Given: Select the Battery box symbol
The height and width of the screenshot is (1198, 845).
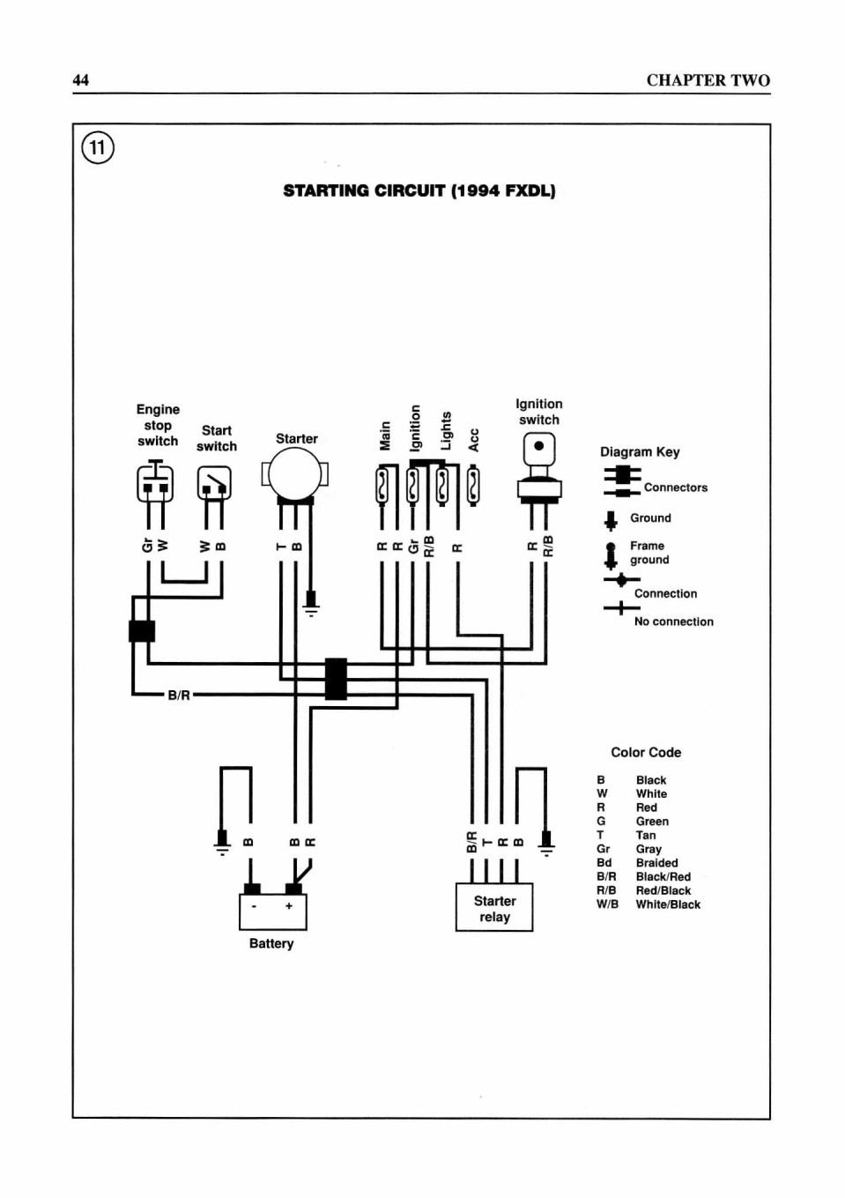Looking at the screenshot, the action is point(272,911).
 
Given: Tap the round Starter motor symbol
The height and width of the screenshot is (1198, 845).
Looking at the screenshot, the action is point(295,474).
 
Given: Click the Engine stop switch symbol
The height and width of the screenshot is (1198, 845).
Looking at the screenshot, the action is point(155,480).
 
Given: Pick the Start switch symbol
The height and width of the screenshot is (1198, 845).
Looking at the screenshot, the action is point(214,482).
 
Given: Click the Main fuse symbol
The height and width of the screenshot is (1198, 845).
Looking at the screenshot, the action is point(382,485).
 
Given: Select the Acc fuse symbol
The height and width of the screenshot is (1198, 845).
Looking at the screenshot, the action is point(473,486).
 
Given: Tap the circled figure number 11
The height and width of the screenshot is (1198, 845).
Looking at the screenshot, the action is point(98,147).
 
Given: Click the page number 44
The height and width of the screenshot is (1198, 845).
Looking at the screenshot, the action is point(81,80).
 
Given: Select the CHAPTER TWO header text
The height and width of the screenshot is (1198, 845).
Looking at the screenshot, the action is point(708,80).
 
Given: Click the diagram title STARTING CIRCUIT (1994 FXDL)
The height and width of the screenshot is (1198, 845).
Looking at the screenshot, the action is point(419,191).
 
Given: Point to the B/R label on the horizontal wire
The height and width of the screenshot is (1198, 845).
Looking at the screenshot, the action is point(179,696).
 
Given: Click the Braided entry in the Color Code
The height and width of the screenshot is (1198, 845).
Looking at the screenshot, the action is point(656,863).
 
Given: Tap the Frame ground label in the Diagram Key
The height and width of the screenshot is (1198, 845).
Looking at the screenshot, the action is point(649,553).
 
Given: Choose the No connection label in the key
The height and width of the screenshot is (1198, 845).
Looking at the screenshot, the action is point(673,621).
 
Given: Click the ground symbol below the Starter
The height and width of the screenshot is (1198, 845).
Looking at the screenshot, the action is point(311,603).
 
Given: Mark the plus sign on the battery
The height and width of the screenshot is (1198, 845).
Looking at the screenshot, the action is point(289,905).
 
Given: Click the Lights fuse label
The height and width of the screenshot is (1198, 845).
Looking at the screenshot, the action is point(446,430).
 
